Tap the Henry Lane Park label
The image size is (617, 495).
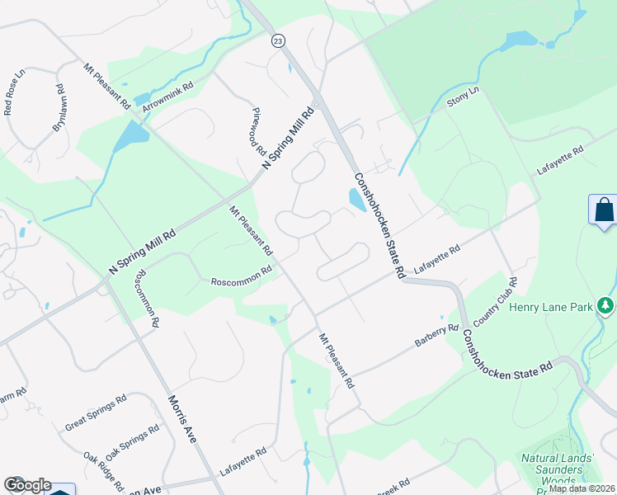551,307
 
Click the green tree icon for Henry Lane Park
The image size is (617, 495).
606,307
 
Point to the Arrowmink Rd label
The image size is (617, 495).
167,97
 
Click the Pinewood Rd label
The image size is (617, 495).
258,134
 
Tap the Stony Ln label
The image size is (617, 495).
463,100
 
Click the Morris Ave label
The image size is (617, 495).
182,419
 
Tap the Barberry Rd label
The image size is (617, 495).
437,339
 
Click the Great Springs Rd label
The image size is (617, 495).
95,413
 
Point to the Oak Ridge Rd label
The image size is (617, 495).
103,470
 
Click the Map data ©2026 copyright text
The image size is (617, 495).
582,488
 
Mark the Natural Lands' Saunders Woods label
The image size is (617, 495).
552,469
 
